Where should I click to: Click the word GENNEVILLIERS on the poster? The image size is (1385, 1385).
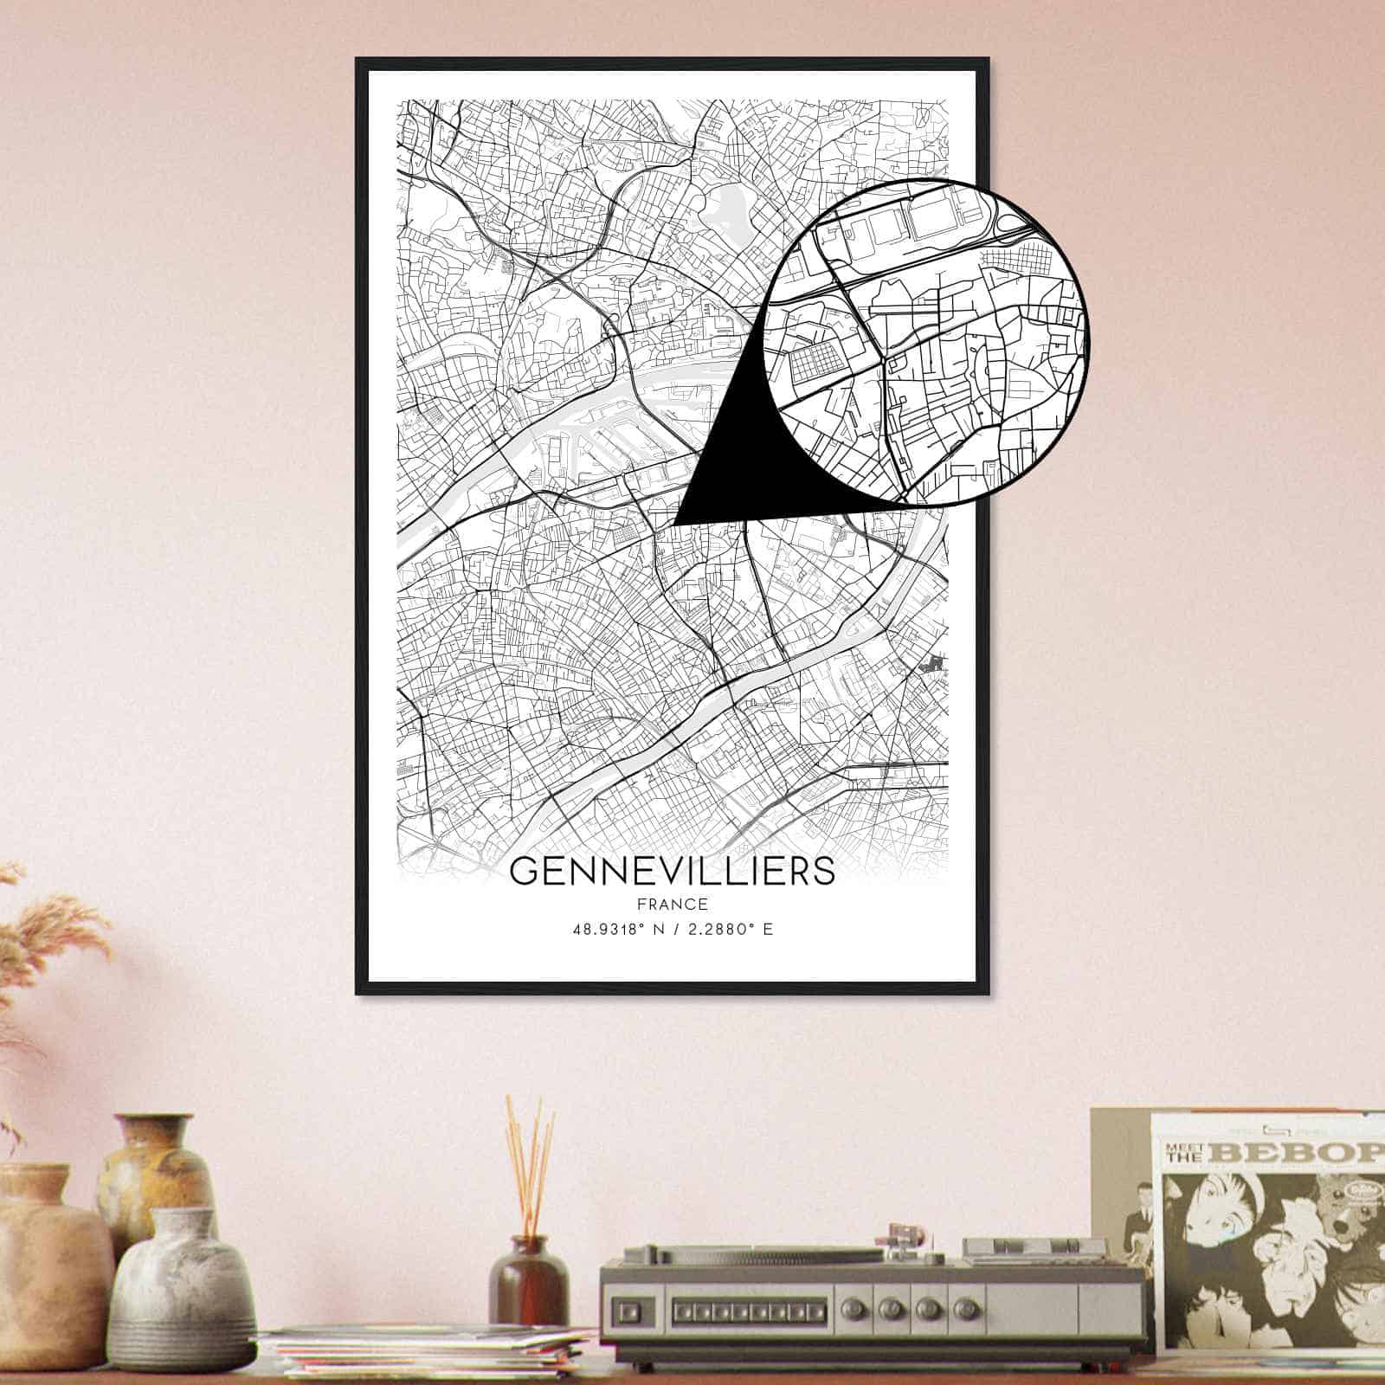pyautogui.click(x=673, y=871)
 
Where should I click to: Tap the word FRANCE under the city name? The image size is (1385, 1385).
pyautogui.click(x=673, y=905)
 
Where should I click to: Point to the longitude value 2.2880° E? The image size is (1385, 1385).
pyautogui.click(x=729, y=931)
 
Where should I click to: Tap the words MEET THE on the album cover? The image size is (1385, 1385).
pyautogui.click(x=1179, y=1153)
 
